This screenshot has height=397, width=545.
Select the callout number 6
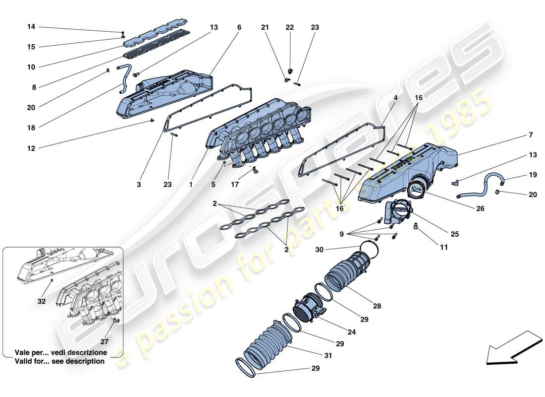click(239, 28)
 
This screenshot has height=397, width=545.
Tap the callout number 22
click(290, 28)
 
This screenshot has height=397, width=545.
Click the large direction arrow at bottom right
click(513, 347)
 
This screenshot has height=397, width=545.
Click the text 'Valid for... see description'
click(59, 361)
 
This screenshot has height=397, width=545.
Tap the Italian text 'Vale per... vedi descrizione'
click(59, 352)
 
